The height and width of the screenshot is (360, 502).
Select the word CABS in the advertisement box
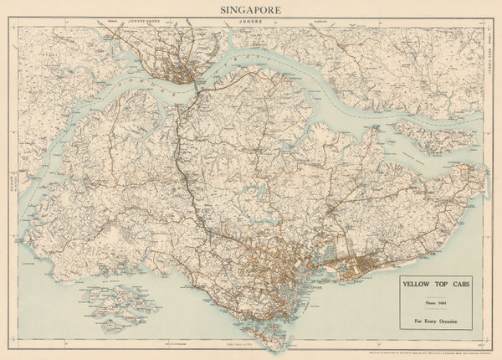click(462, 284)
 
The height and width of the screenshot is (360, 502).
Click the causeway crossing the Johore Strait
click(197, 90)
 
